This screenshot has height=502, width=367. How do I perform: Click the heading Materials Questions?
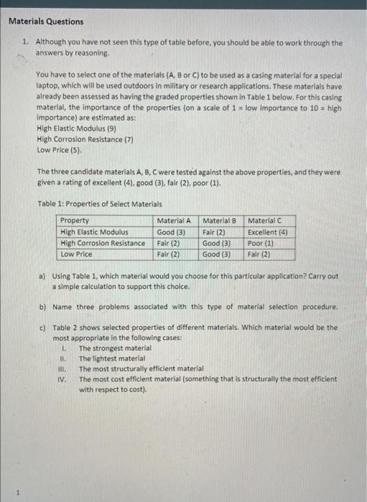[x=46, y=22]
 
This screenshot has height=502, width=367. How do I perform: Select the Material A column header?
[x=174, y=221]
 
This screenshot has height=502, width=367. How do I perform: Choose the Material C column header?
[x=267, y=221]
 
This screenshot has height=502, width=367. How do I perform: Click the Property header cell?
[x=75, y=221]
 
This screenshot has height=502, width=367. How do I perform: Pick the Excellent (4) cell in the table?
[x=267, y=232]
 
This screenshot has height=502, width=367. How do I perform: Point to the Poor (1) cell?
[x=260, y=243]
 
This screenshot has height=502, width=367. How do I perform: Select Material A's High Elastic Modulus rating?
[x=172, y=232]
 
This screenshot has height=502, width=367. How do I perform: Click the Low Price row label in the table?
[x=77, y=254]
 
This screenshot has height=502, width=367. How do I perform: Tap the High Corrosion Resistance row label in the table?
[x=103, y=243]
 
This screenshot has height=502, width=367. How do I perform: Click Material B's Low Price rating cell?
[x=216, y=254]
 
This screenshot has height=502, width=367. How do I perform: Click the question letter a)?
[x=42, y=276]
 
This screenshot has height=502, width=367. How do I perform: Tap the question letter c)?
[x=42, y=327]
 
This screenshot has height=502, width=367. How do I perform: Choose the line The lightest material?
[x=111, y=358]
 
